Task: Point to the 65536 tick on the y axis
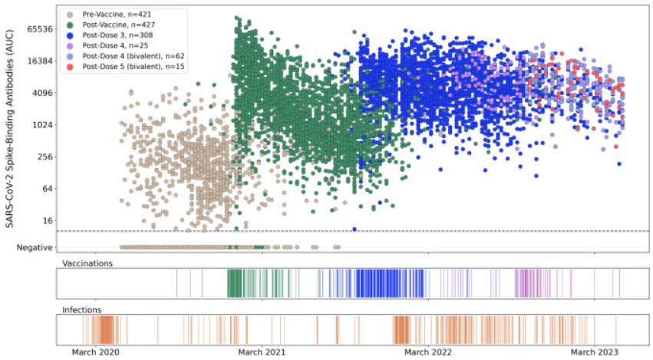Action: pos(35,29)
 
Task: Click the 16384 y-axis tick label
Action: pos(35,61)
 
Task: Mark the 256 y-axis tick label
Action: pos(41,157)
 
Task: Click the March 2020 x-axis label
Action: pos(96,352)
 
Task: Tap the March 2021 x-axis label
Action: pos(262,352)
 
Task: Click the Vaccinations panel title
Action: pos(87,263)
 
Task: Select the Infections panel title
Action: pos(82,310)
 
